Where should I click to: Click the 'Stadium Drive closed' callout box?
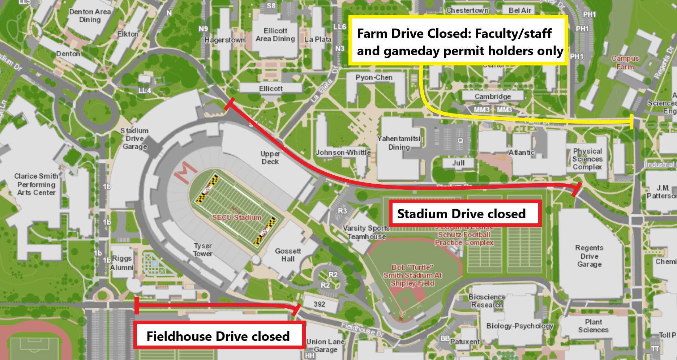click(465, 214)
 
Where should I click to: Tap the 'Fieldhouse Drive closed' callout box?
click(219, 336)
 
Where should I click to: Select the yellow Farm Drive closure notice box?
click(458, 41)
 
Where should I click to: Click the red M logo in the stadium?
click(185, 172)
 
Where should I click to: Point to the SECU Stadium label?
click(237, 217)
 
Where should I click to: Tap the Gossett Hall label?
click(288, 255)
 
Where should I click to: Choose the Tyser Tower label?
click(203, 249)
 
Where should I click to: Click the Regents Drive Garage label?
click(589, 256)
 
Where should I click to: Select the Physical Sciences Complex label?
click(587, 159)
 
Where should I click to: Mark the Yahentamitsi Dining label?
click(399, 143)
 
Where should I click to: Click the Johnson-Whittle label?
click(343, 153)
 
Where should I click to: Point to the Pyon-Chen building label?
click(374, 77)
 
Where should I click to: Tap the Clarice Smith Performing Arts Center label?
click(36, 184)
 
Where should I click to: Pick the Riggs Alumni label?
click(122, 263)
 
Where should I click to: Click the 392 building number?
click(319, 304)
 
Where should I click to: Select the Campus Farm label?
click(625, 63)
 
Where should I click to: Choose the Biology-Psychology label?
click(520, 326)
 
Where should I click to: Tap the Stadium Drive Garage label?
click(135, 138)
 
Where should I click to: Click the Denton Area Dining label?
click(90, 16)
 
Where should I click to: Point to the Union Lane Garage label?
click(325, 346)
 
